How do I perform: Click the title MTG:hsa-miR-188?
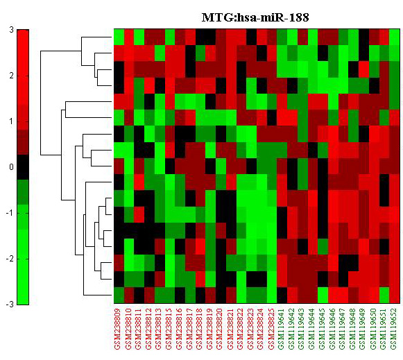click(x=255, y=17)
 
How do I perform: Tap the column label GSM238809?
click(x=117, y=329)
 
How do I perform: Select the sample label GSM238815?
click(x=169, y=329)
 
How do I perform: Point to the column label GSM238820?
click(x=219, y=329)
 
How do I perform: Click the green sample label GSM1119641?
click(x=281, y=329)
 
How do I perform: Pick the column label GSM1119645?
click(x=322, y=329)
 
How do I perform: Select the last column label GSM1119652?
click(x=393, y=329)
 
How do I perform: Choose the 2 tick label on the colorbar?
click(x=11, y=76)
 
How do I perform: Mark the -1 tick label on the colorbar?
click(x=10, y=213)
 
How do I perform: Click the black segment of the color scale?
click(x=23, y=167)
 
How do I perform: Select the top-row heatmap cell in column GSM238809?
click(x=119, y=37)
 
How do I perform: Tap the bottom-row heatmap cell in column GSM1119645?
click(x=323, y=295)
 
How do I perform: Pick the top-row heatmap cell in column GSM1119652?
click(x=394, y=37)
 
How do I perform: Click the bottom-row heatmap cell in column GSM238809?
click(x=119, y=295)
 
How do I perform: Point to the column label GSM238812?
click(x=148, y=329)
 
